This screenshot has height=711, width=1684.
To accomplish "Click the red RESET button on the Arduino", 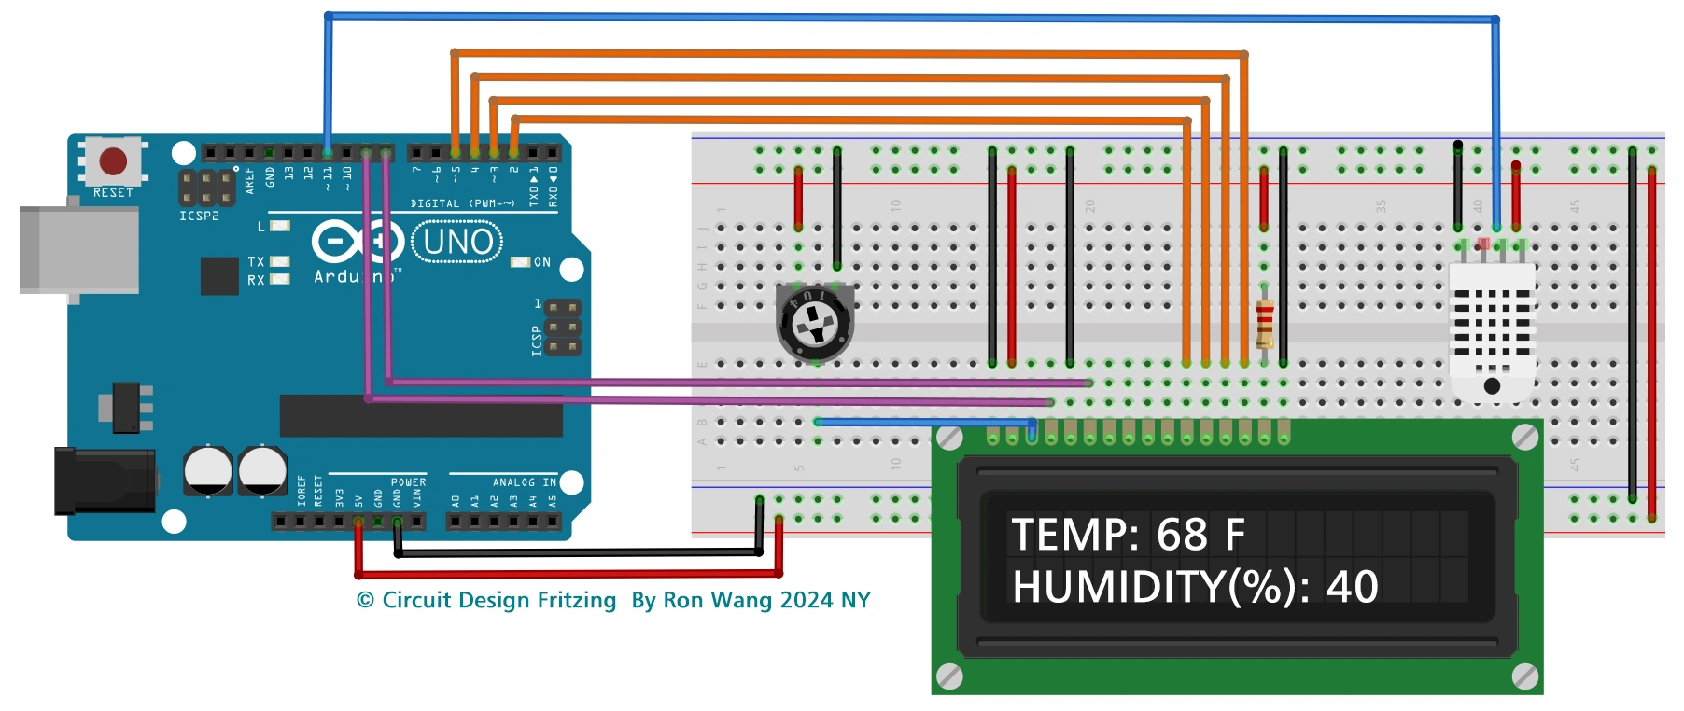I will (113, 160).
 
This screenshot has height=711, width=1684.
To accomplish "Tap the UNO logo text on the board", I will (457, 243).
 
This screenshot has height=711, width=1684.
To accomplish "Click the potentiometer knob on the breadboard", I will (815, 323).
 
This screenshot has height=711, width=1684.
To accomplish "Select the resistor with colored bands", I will (1264, 323).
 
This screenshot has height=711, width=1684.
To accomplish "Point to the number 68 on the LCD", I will (1182, 536).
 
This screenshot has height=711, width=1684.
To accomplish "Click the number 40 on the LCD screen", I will (1352, 587).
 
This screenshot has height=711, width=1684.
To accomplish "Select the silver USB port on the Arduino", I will (78, 250).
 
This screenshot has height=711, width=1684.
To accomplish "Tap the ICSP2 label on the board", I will (199, 216).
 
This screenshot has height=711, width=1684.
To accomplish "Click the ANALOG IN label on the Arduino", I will (524, 482).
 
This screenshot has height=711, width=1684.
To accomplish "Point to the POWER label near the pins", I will (408, 482).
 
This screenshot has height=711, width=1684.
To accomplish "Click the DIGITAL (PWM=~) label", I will (462, 203).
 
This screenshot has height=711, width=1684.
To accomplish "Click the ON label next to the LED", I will (542, 262).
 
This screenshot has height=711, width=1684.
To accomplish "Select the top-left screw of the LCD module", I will (949, 438).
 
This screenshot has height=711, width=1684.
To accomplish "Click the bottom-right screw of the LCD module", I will (1524, 676).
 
